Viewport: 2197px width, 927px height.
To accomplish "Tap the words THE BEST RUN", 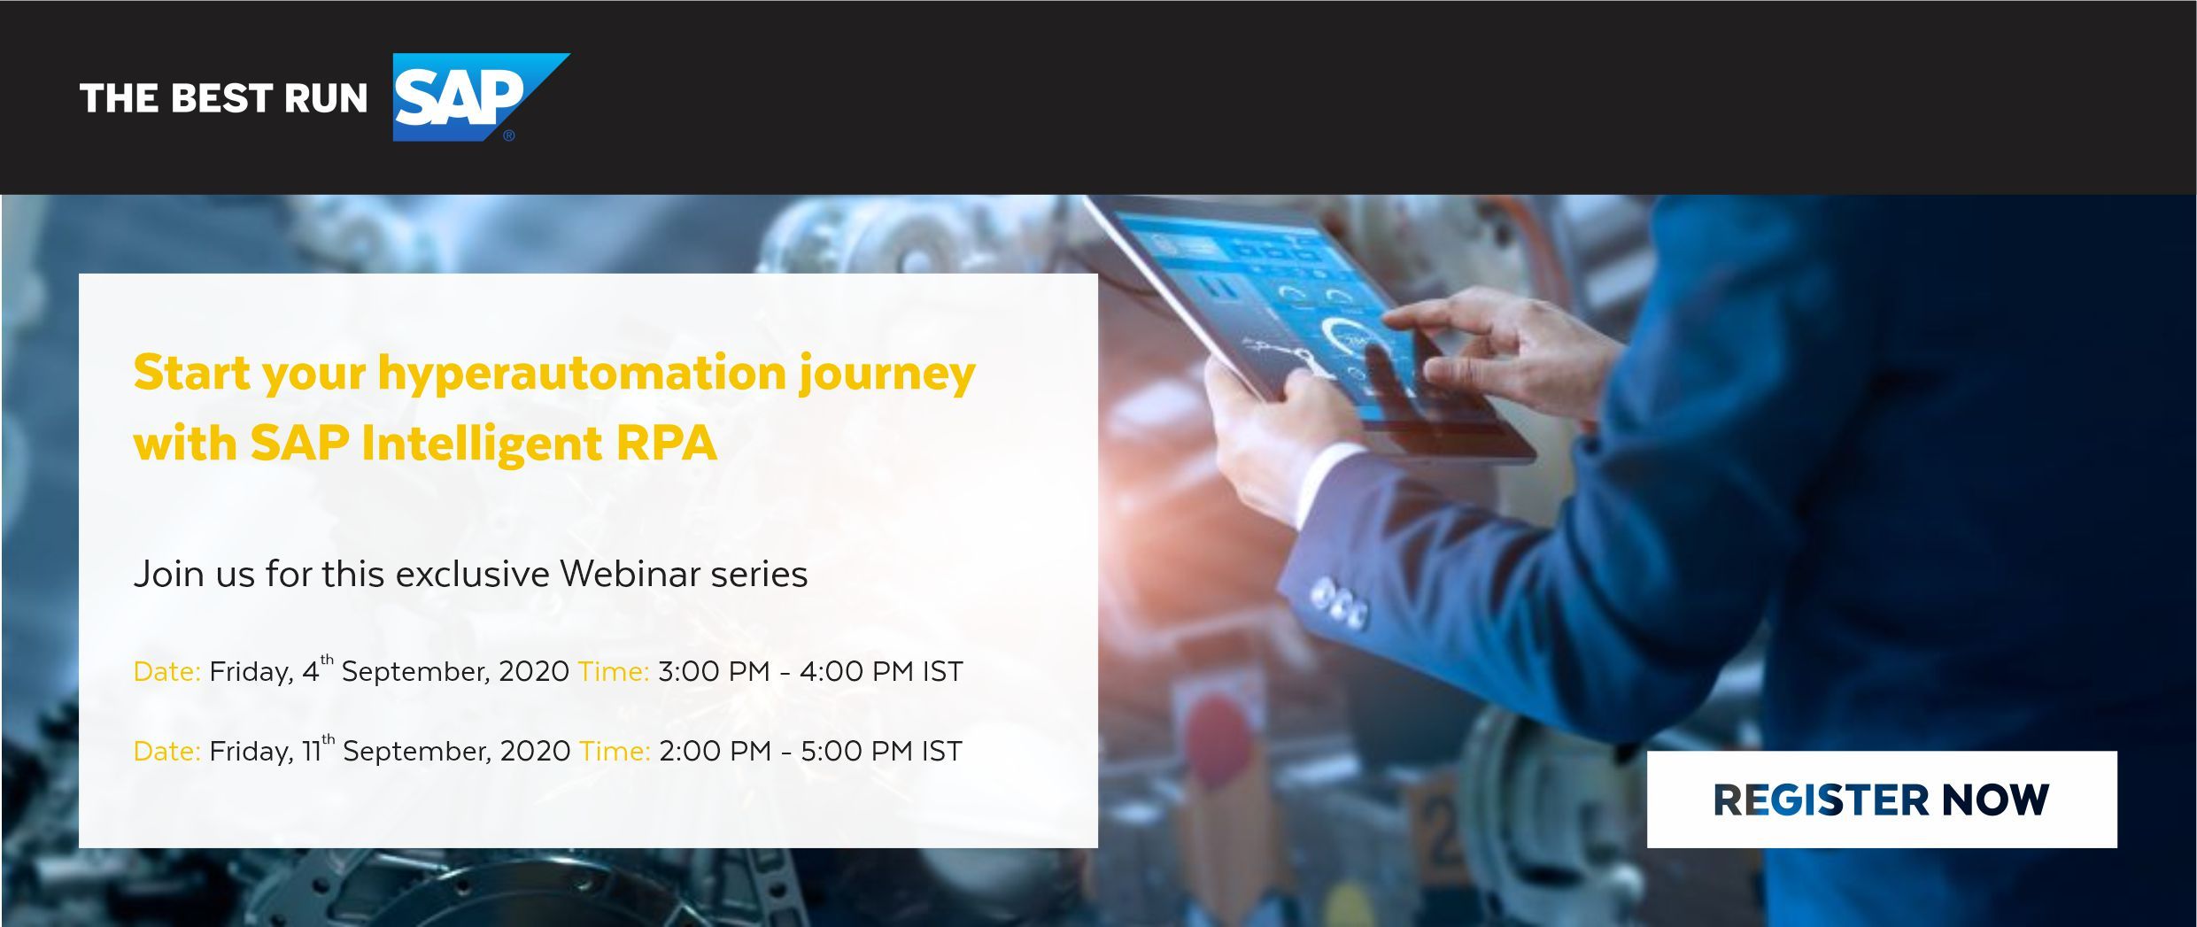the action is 223,98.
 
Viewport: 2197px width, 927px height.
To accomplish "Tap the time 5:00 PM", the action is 856,751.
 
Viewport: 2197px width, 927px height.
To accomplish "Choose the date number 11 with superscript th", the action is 318,748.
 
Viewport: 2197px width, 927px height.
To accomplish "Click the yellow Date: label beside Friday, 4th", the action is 167,671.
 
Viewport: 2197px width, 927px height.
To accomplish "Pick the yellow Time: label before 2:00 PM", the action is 615,751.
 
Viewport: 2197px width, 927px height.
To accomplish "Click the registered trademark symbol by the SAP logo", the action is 508,135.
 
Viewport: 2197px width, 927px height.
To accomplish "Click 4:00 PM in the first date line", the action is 856,671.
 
